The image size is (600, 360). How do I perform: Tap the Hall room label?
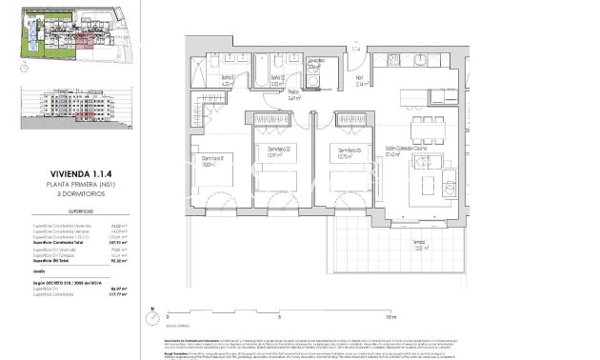click(361, 81)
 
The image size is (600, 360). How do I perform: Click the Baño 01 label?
click(229, 80)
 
